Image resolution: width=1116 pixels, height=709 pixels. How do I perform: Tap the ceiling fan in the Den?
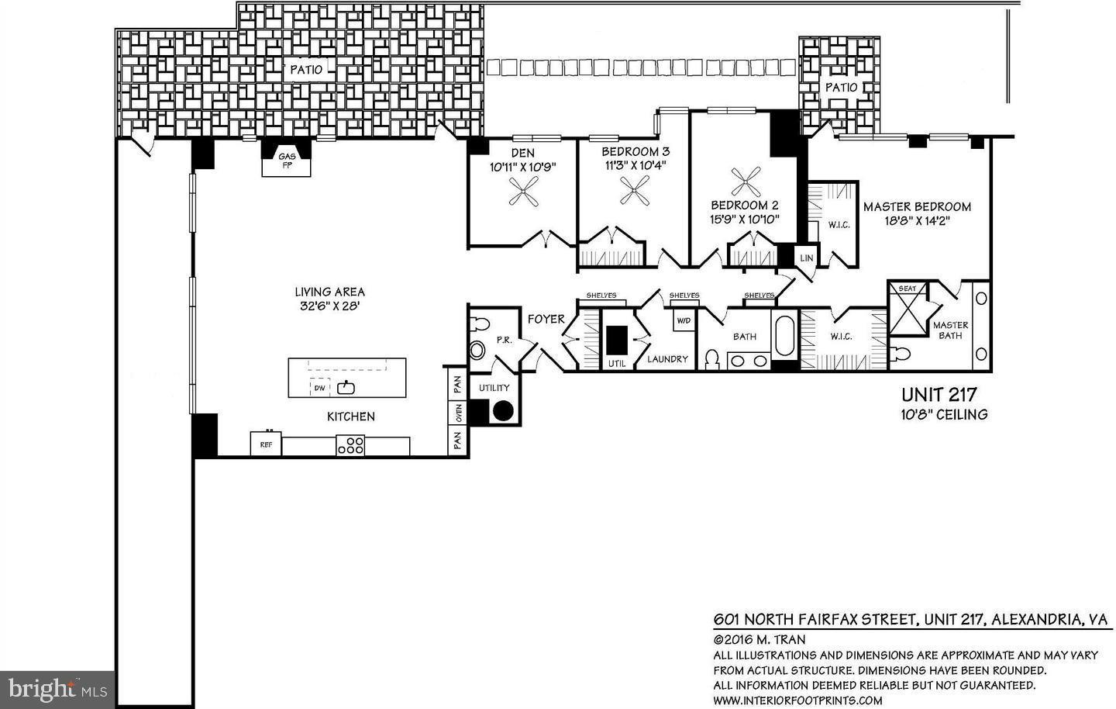click(523, 191)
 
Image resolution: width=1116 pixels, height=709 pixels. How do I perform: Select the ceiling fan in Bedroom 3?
click(635, 190)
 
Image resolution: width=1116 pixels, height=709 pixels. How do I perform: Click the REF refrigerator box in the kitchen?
click(266, 444)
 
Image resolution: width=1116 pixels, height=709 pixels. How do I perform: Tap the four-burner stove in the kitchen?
click(350, 445)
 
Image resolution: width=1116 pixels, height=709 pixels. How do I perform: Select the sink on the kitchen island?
click(346, 387)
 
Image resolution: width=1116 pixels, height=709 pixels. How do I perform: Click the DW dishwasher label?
click(319, 388)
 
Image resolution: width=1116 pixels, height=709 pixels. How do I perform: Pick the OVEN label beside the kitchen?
click(457, 413)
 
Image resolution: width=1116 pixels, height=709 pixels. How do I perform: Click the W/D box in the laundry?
click(684, 320)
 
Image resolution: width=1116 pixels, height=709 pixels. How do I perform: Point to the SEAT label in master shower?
click(907, 289)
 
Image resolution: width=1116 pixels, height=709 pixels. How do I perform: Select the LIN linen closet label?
click(807, 258)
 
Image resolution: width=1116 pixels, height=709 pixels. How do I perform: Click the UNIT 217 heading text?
click(939, 394)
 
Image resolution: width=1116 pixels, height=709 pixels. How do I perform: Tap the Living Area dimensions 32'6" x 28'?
click(329, 306)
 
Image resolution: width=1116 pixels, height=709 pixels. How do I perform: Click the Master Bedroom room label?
click(917, 206)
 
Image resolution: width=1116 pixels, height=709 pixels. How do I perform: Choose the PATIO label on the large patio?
click(306, 69)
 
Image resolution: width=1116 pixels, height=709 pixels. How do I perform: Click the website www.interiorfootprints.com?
click(797, 700)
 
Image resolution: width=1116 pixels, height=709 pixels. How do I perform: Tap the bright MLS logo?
click(57, 687)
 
